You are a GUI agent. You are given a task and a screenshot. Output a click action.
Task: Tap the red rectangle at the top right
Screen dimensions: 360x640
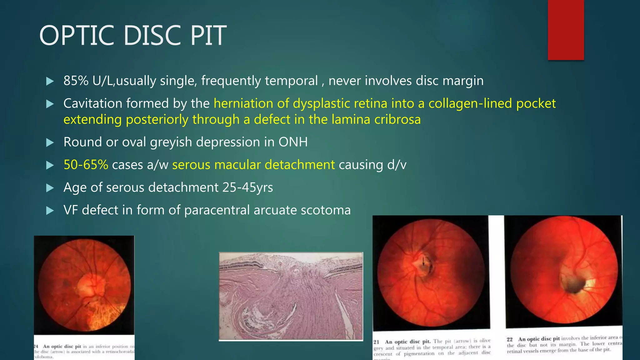pos(566,30)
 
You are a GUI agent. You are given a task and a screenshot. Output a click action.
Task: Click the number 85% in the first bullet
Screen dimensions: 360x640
pos(76,81)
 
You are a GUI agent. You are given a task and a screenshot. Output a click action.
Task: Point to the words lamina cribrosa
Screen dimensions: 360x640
pos(376,120)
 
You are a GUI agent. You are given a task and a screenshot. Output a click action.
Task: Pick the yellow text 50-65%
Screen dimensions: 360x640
pos(86,165)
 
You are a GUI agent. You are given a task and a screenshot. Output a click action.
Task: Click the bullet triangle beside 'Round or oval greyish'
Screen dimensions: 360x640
pos(50,143)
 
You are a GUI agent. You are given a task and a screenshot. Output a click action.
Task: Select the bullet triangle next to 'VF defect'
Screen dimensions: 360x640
pos(50,211)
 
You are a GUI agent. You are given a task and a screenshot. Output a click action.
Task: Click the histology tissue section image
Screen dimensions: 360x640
pos(291,296)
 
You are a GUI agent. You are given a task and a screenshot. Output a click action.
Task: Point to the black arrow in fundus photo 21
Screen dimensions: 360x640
pos(423,261)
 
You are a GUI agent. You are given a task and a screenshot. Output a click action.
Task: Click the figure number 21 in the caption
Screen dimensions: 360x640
pos(376,342)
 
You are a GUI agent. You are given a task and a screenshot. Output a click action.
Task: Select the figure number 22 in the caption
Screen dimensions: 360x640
pos(510,339)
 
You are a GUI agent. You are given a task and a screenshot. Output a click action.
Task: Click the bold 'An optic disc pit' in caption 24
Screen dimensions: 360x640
pos(62,346)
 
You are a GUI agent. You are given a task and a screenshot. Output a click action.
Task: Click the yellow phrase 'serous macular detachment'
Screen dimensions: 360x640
pos(253,165)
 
